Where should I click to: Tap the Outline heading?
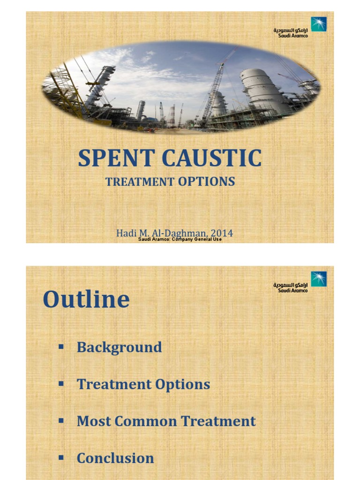86,300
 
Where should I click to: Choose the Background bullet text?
119,347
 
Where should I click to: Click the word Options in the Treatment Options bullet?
183,384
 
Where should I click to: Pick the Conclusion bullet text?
115,458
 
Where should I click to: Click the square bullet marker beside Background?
60,347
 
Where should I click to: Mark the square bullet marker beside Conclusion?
60,457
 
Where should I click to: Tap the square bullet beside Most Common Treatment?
60,420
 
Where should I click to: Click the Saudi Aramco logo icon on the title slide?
319,24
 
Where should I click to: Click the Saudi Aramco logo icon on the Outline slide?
319,279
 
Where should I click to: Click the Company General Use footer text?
197,239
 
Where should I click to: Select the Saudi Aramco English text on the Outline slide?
293,291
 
